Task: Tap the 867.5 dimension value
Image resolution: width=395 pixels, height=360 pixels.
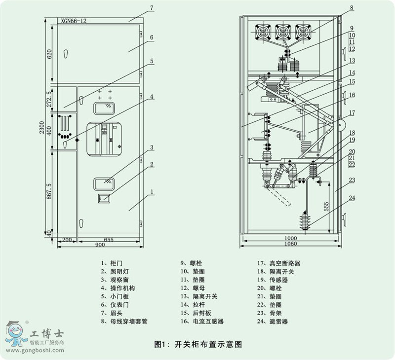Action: click(x=49, y=191)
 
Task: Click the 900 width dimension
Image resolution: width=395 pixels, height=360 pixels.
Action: click(x=100, y=245)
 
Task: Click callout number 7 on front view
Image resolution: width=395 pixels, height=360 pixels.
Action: click(x=152, y=8)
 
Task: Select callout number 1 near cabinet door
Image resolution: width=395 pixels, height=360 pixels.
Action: click(x=153, y=191)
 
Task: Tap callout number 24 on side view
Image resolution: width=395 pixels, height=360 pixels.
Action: click(x=352, y=199)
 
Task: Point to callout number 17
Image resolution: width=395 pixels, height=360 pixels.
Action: click(x=352, y=112)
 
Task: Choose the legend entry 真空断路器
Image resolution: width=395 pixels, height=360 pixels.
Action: click(x=285, y=264)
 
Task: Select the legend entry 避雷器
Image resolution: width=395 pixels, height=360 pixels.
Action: click(x=278, y=322)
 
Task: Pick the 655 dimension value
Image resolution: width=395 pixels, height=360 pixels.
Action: click(x=109, y=239)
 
